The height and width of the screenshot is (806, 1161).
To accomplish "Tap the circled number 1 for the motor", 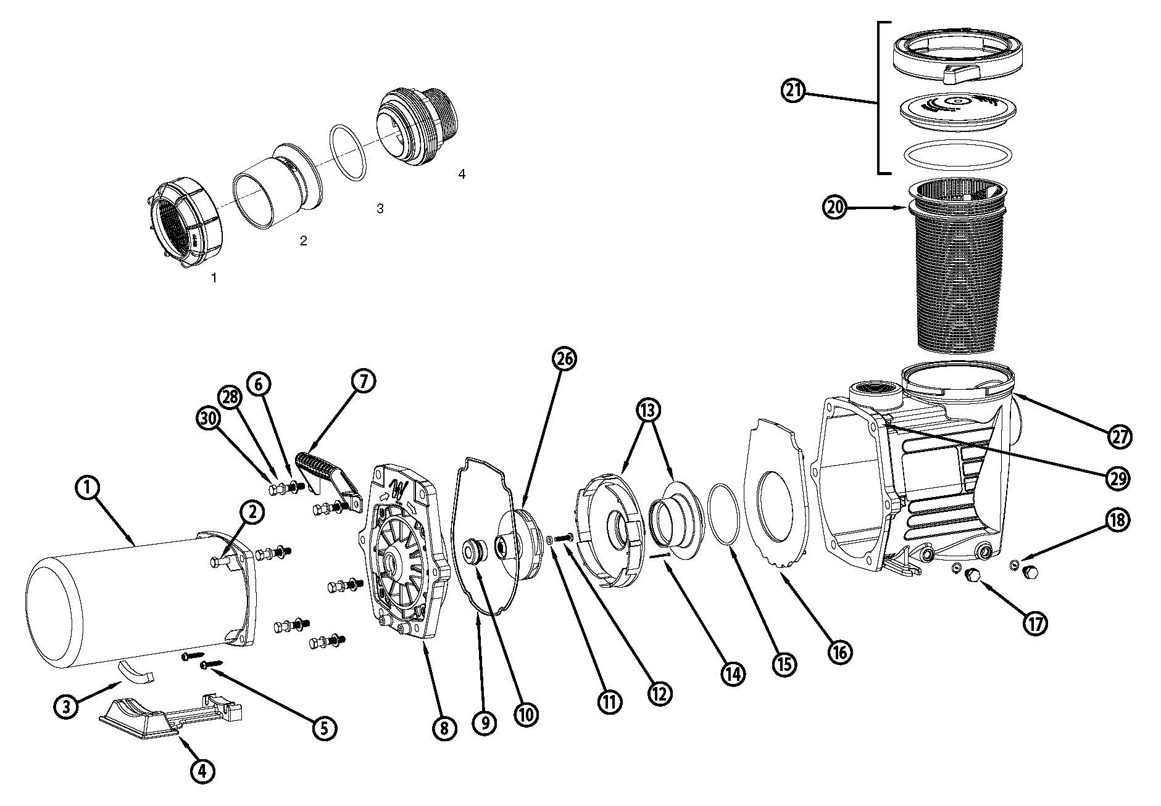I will [x=88, y=488].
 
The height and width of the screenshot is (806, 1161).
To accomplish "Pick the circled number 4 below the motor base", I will [x=204, y=771].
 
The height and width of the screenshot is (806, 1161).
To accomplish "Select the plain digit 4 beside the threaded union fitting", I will [x=462, y=175].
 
